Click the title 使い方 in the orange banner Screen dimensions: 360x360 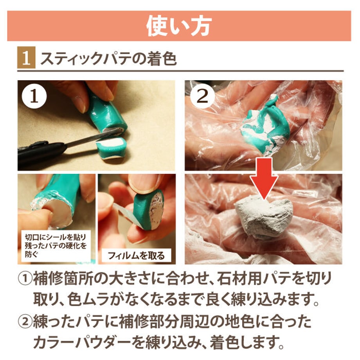(x=179, y=26)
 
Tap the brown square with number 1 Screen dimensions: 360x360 (x=26, y=58)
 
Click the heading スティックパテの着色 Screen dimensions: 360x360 (x=108, y=59)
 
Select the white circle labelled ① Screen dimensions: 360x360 (x=34, y=96)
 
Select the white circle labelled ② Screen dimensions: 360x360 (x=202, y=96)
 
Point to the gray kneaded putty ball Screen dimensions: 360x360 (x=264, y=218)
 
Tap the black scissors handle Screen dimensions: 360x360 (x=41, y=153)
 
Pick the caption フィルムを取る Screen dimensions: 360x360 (x=137, y=255)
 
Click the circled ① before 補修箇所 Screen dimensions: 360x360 (x=25, y=279)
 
